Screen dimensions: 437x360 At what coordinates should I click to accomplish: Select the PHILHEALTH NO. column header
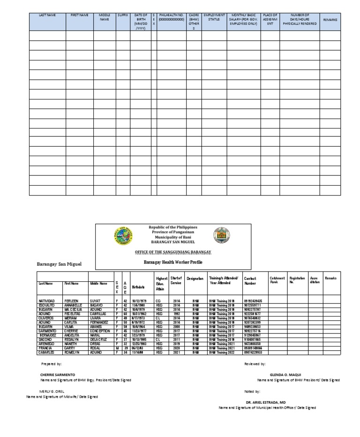point(171,18)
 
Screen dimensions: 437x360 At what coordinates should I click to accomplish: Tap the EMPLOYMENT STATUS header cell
point(214,18)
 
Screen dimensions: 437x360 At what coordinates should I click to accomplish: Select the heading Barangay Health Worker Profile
point(172,264)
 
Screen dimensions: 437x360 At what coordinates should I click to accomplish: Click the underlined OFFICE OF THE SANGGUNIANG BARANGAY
point(172,252)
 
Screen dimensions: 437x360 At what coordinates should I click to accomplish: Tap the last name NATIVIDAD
point(47,300)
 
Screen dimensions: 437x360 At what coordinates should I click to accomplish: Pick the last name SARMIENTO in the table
point(48,331)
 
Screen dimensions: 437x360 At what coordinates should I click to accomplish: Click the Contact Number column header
point(250,281)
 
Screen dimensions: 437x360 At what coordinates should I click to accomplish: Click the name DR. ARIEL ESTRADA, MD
point(265,402)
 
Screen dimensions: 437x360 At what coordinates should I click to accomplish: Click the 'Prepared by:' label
point(49,363)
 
